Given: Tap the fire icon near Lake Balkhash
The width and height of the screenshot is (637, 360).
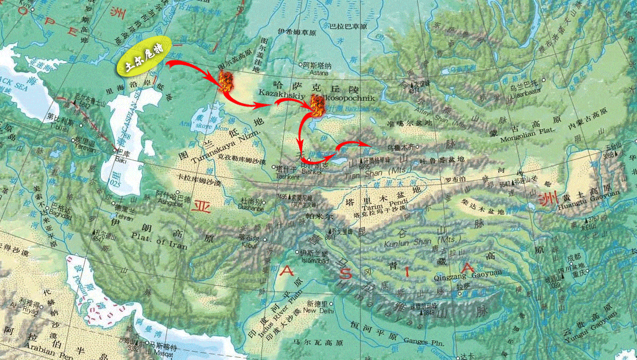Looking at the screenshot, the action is click(x=317, y=107).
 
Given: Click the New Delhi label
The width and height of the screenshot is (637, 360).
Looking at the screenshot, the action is click(x=318, y=311).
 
